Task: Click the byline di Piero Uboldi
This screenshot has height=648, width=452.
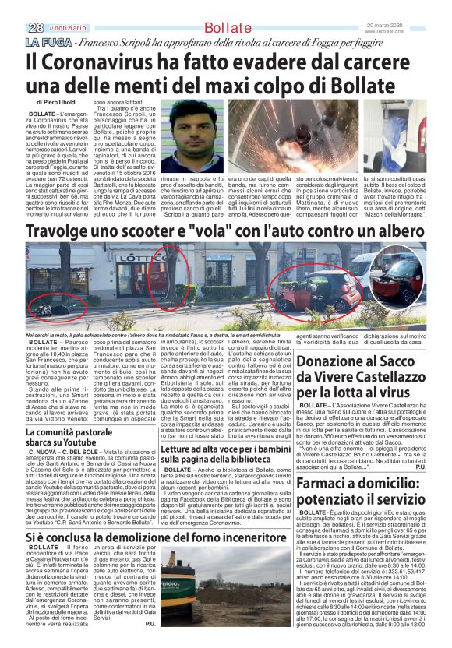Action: click(x=62, y=102)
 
